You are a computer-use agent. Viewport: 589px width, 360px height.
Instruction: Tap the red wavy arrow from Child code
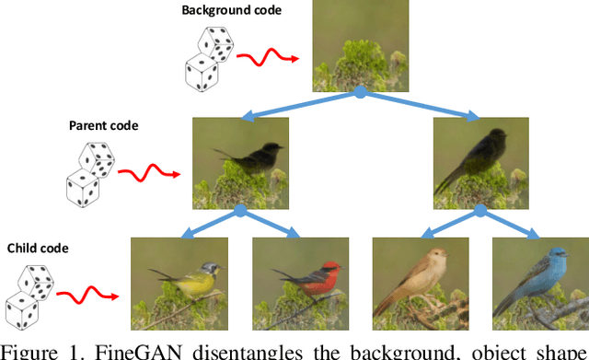[x=87, y=295]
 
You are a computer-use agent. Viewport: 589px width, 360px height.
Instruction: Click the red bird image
[x=300, y=284]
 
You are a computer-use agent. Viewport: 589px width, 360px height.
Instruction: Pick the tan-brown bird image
[x=420, y=284]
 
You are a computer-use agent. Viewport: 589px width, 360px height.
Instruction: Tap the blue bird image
[x=539, y=284]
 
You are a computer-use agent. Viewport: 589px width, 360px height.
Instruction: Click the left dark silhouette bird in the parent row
[x=241, y=163]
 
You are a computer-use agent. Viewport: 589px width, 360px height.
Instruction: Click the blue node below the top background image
[x=361, y=92]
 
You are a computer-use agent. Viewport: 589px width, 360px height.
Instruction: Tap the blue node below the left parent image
[x=240, y=211]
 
